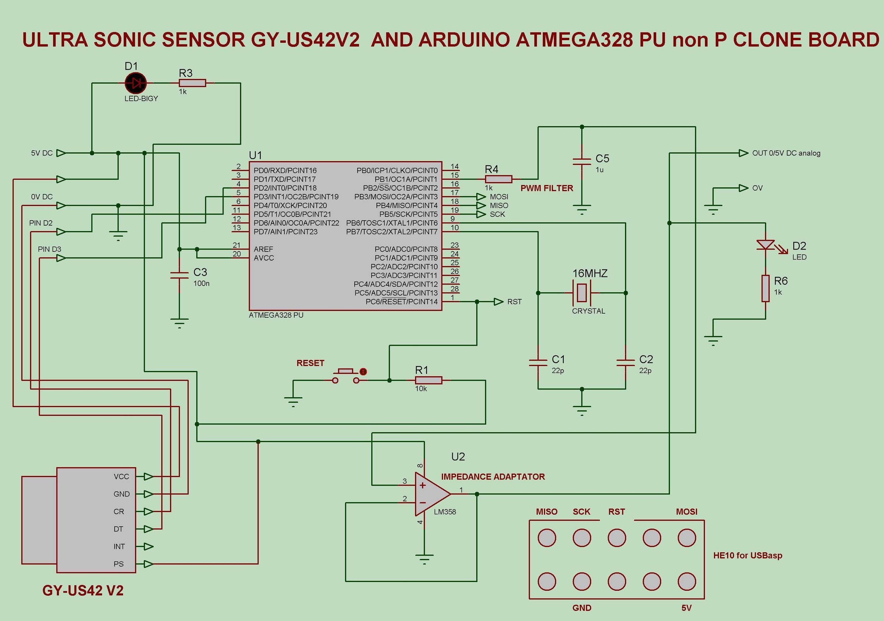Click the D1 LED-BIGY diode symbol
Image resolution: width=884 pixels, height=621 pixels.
coord(136,83)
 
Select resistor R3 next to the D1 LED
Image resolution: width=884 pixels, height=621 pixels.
coord(193,83)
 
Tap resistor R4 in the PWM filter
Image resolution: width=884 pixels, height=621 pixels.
coord(499,179)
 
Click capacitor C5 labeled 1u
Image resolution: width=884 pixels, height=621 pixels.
coord(582,162)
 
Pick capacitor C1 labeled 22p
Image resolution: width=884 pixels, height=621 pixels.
coord(538,363)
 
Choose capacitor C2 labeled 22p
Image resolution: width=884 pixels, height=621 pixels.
coord(626,363)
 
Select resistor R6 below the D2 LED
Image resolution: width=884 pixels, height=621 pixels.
coord(765,289)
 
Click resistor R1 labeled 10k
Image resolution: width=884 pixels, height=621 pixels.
coord(428,381)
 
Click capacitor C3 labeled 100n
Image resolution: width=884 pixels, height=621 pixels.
coord(179,275)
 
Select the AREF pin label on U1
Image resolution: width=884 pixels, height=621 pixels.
coord(263,249)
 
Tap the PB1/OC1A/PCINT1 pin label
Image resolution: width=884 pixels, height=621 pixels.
coord(406,179)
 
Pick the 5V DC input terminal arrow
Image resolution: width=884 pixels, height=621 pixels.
coord(61,153)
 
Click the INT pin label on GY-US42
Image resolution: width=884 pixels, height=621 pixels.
coord(119,547)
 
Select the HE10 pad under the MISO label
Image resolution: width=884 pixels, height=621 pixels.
coord(547,538)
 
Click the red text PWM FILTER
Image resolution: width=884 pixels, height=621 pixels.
coord(547,188)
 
